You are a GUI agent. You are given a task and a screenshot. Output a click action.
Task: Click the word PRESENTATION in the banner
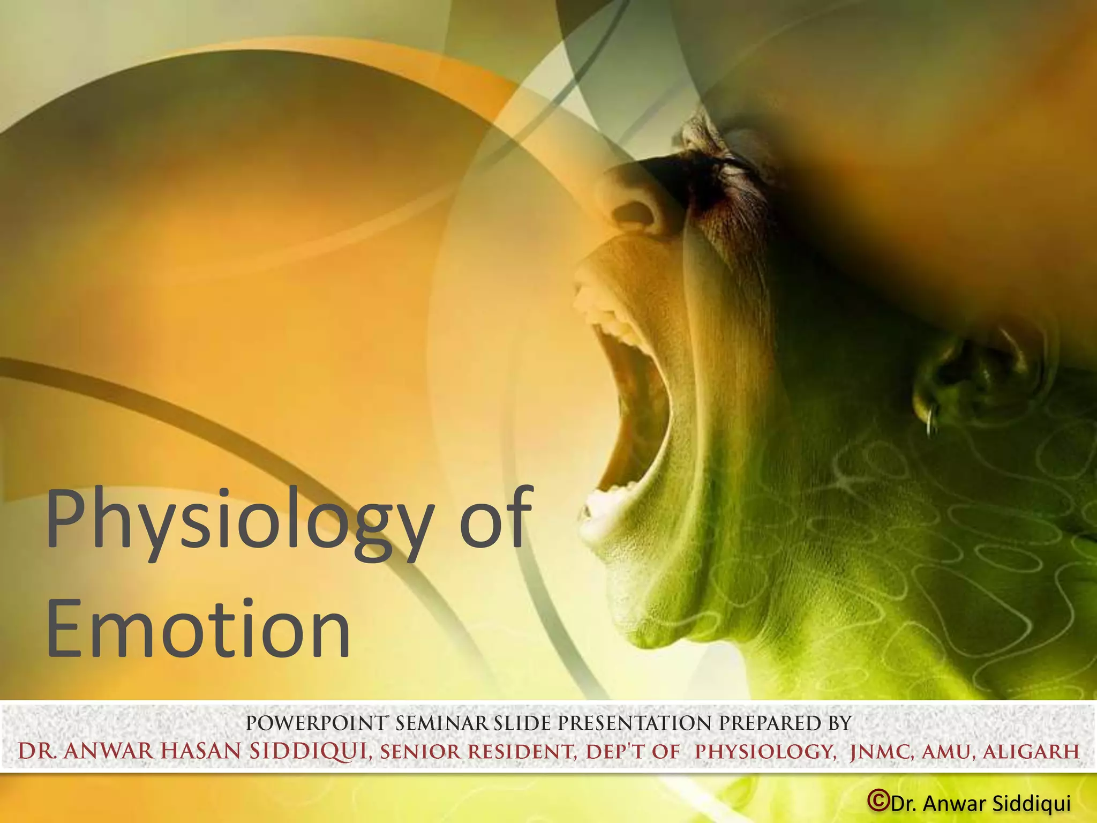(636, 723)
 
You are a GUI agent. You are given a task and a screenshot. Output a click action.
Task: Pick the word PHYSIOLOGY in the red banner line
(765, 752)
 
